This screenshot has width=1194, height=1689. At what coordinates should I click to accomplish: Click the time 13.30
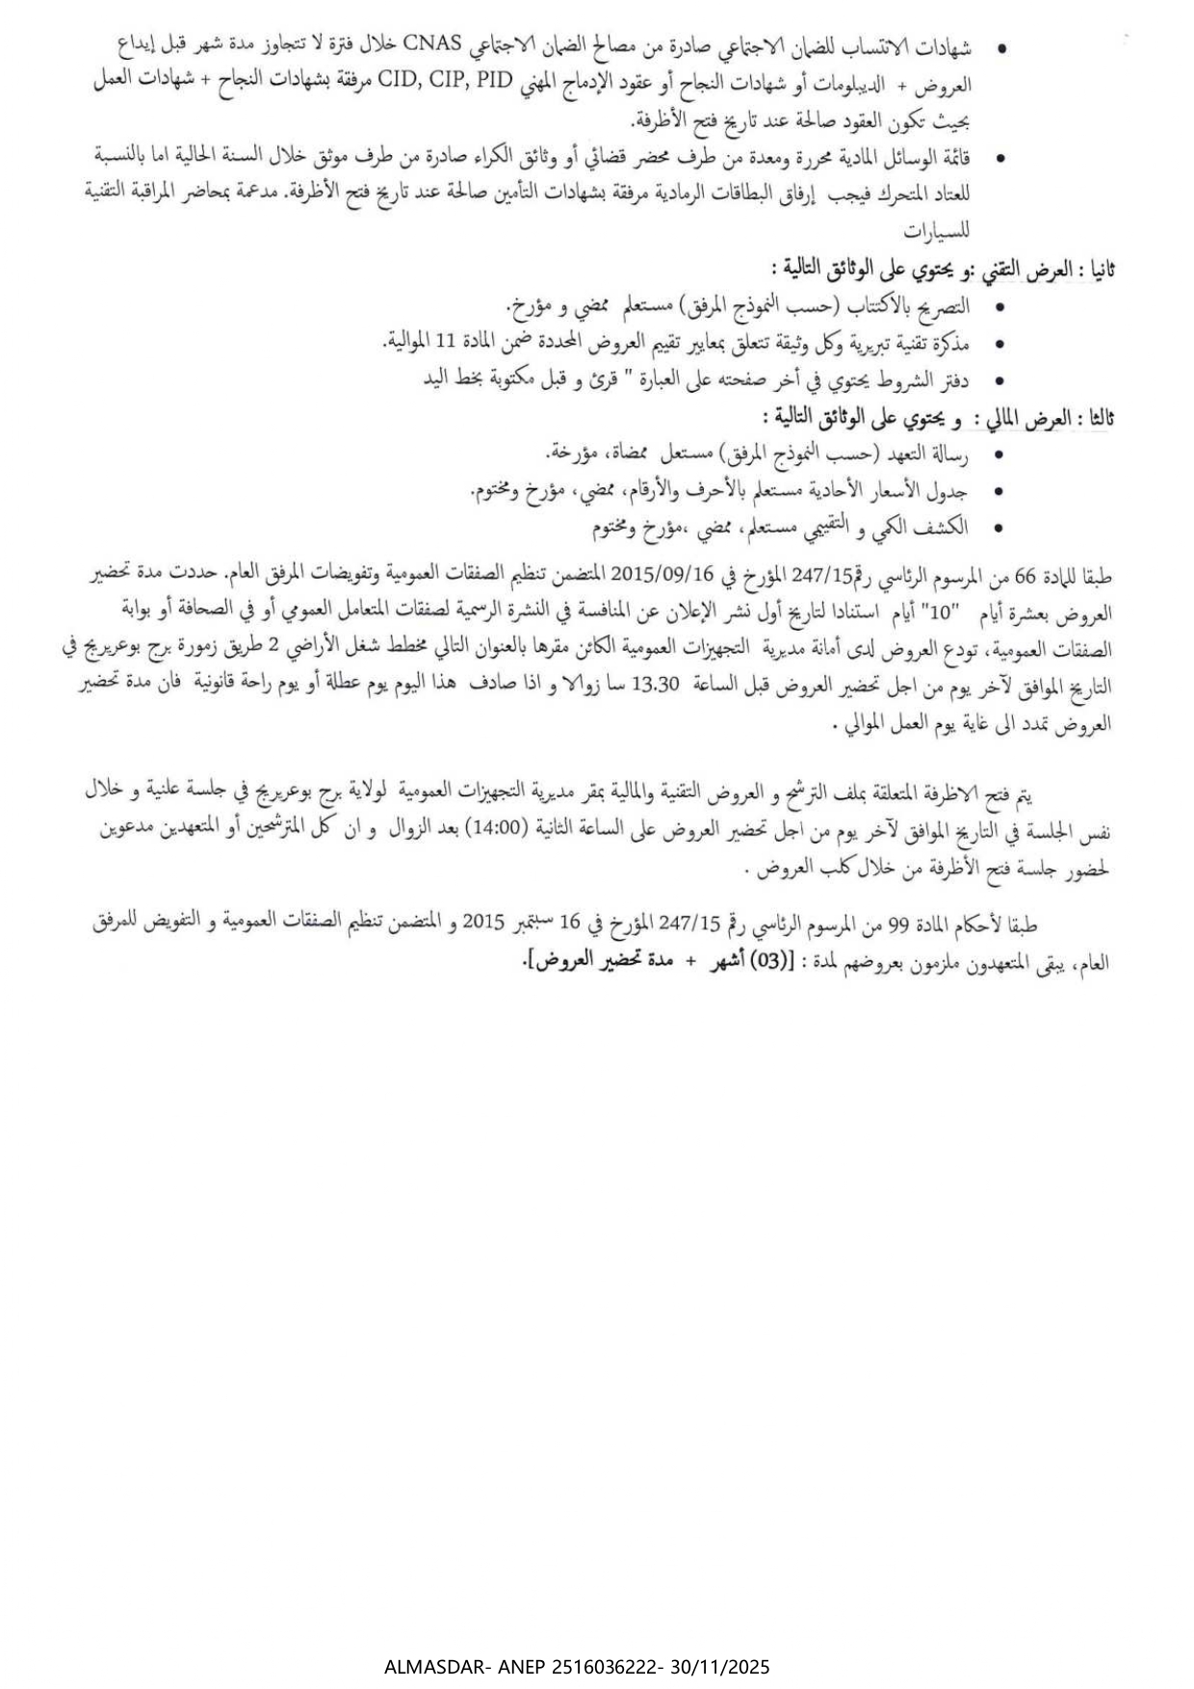tap(655, 684)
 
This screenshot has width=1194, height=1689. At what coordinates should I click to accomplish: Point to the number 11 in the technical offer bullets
tap(444, 343)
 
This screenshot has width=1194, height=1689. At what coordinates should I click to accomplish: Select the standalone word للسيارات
tap(939, 231)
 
